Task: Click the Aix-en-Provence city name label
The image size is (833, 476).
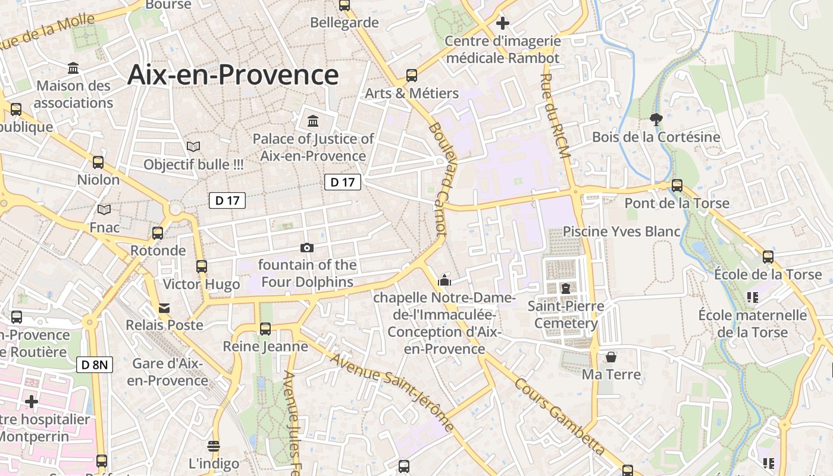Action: click(x=233, y=76)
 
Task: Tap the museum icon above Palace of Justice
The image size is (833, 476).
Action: click(x=312, y=121)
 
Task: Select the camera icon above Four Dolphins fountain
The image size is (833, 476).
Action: click(x=307, y=248)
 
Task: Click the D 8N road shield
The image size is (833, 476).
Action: click(x=95, y=365)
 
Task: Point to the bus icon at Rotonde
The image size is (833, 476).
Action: click(x=158, y=233)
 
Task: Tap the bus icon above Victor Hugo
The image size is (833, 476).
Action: click(x=202, y=267)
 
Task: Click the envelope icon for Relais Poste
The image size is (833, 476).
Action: click(x=164, y=308)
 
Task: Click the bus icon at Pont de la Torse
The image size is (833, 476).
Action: click(x=677, y=186)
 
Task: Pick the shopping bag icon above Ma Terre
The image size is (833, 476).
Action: click(x=611, y=357)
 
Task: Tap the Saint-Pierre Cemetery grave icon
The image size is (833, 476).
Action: click(x=565, y=289)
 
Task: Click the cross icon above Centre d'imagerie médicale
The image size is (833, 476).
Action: click(x=503, y=23)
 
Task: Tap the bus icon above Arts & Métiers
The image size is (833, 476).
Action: click(x=412, y=76)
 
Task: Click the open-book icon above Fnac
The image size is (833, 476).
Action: click(x=104, y=209)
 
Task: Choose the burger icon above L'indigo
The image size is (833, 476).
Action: click(x=214, y=446)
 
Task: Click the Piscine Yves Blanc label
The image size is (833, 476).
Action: click(x=621, y=231)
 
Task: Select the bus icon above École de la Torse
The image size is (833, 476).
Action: click(x=768, y=257)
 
